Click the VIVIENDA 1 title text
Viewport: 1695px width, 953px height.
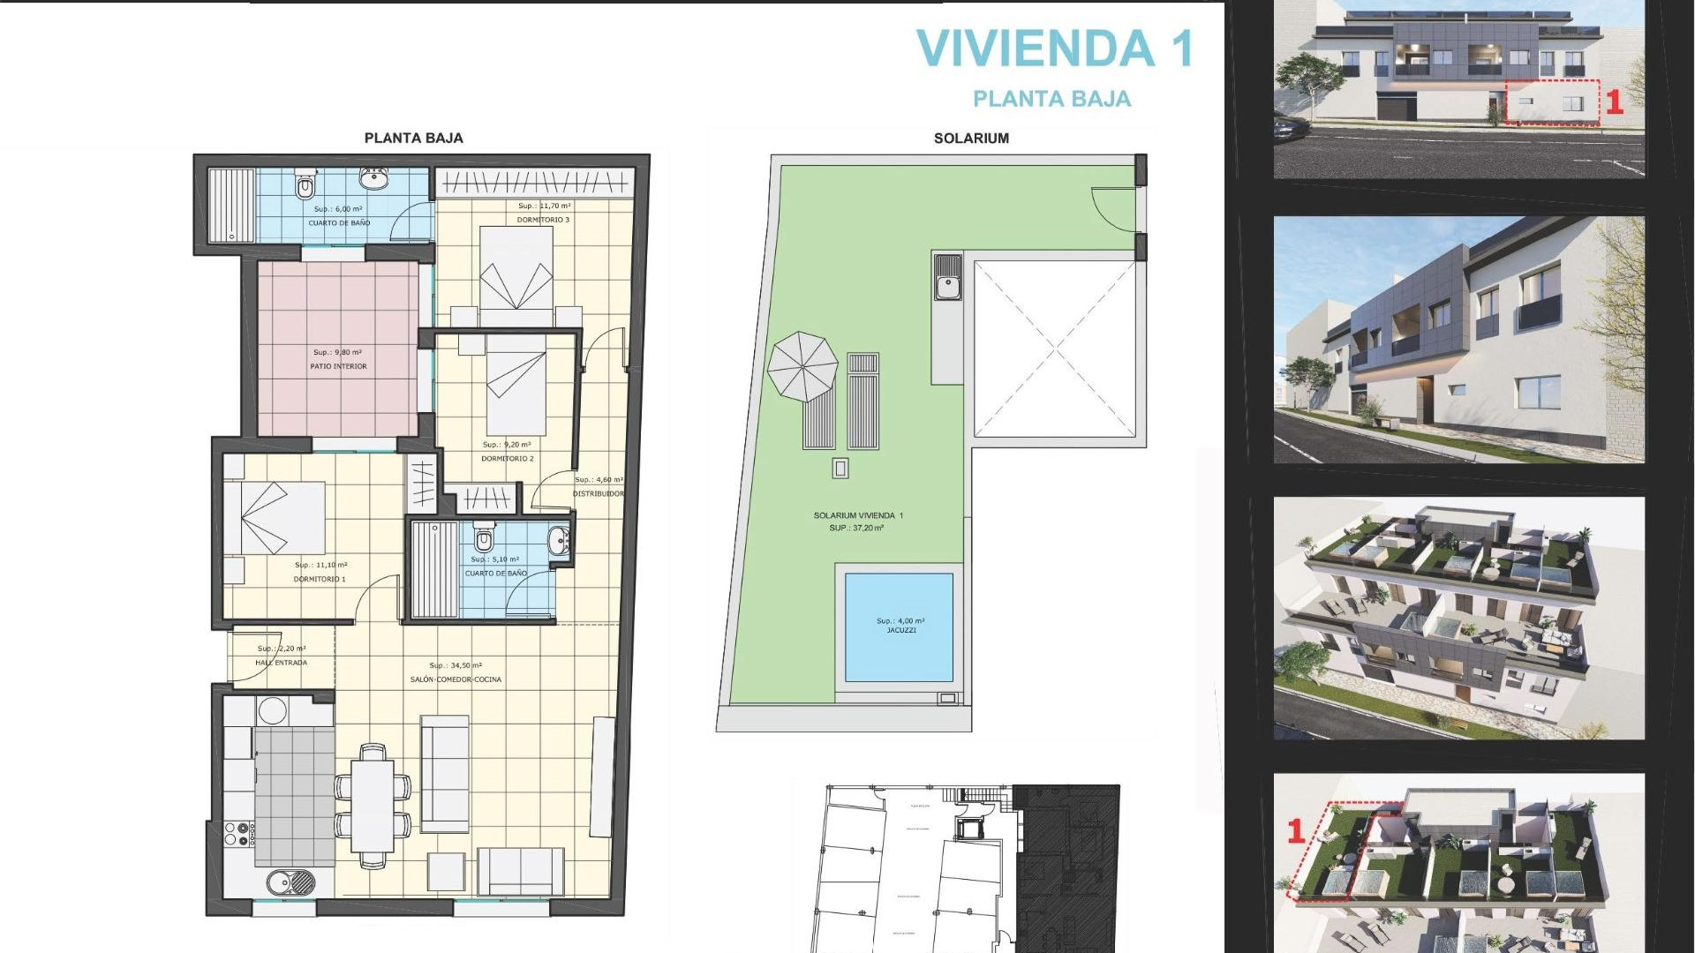[1054, 49]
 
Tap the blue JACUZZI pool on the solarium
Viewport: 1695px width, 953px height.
[899, 627]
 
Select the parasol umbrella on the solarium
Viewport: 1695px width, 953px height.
[802, 365]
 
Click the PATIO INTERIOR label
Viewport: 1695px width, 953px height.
[338, 366]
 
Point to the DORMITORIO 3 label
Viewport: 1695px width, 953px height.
[543, 220]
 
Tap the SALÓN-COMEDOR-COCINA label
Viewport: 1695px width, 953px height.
[456, 679]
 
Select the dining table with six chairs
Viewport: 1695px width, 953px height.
[373, 805]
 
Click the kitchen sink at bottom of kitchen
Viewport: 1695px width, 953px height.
[290, 881]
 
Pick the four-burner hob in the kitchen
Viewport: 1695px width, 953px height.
[238, 834]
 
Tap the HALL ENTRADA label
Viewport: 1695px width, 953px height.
[281, 663]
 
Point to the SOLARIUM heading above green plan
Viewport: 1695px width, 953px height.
[971, 139]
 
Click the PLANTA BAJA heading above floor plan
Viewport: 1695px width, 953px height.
[413, 139]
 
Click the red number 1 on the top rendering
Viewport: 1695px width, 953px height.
[1614, 102]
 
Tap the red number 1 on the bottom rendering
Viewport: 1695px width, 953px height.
[1296, 830]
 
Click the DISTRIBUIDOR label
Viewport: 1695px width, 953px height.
[599, 494]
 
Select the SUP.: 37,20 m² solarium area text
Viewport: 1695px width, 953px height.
[855, 528]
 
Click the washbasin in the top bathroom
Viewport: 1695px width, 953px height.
[374, 179]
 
